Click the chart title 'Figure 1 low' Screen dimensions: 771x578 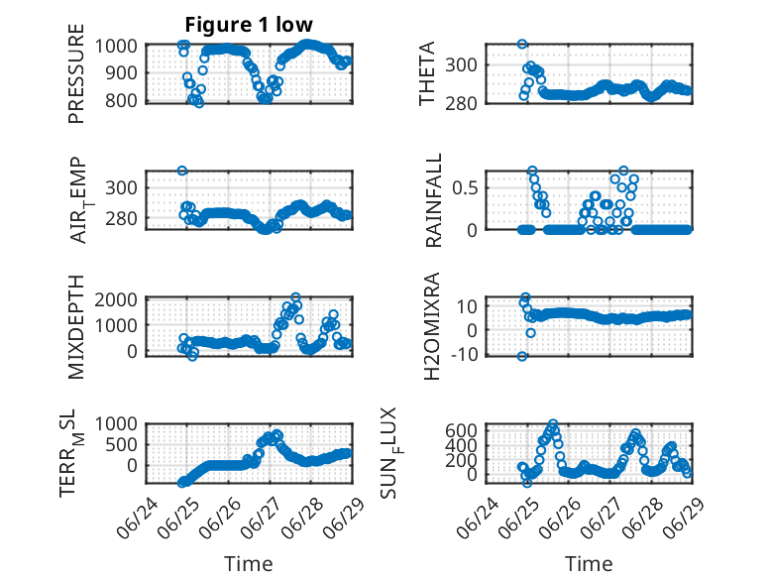click(x=249, y=25)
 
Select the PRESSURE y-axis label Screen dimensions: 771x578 click(x=76, y=73)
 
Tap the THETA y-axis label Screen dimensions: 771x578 click(x=427, y=73)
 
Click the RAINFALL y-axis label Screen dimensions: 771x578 click(x=434, y=200)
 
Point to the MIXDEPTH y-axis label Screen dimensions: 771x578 click(x=76, y=327)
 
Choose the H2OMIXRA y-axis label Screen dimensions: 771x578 click(x=431, y=326)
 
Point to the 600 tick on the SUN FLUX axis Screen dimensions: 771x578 click(x=461, y=430)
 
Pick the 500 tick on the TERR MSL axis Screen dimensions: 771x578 click(x=122, y=445)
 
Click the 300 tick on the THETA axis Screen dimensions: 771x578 click(x=461, y=64)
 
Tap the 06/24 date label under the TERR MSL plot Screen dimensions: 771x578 click(x=138, y=518)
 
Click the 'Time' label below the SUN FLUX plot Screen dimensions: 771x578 click(x=589, y=564)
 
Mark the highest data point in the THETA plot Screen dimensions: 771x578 click(x=522, y=45)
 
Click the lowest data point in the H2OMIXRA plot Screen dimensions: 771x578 click(x=522, y=356)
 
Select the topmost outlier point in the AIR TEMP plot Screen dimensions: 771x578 click(x=182, y=171)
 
